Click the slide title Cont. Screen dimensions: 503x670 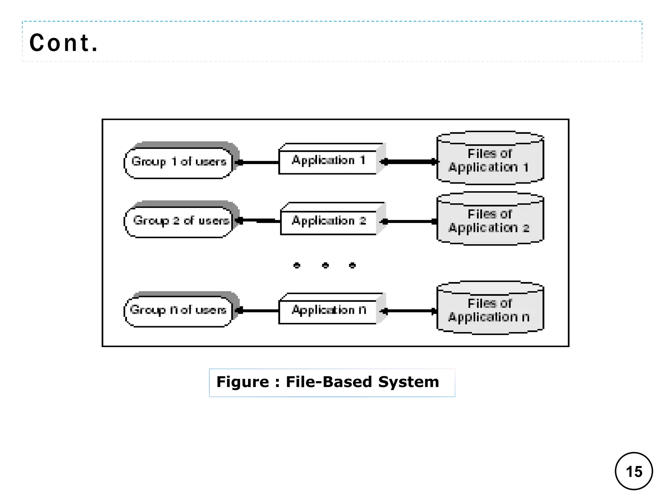coord(64,43)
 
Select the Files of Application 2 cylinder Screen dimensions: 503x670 coord(490,221)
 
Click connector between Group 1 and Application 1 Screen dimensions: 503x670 coord(258,162)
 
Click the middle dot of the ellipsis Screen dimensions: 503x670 coord(325,265)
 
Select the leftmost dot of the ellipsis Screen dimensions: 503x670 coord(297,265)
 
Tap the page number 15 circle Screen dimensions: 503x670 coord(634,472)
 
